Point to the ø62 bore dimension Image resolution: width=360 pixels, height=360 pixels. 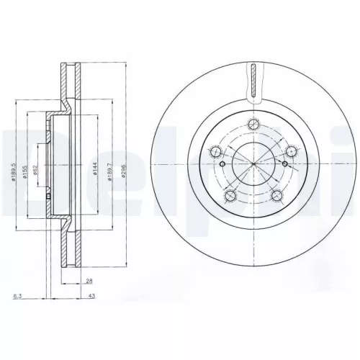pyautogui.click(x=34, y=171)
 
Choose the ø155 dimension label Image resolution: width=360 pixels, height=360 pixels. pyautogui.click(x=24, y=171)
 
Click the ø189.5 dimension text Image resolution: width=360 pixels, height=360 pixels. pyautogui.click(x=14, y=171)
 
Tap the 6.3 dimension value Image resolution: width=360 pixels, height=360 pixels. pyautogui.click(x=15, y=295)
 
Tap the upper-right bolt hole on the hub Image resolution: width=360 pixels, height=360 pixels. pyautogui.click(x=292, y=150)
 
